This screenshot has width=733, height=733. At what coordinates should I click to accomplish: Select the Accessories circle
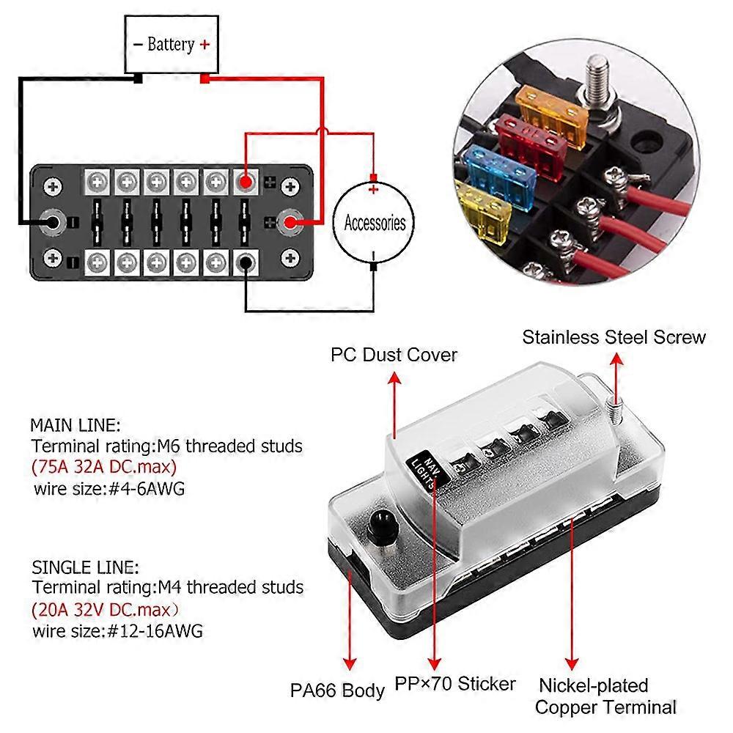pyautogui.click(x=375, y=221)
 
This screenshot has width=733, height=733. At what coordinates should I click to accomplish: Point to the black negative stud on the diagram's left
pyautogui.click(x=53, y=221)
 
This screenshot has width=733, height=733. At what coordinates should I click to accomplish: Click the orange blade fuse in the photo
pyautogui.click(x=552, y=108)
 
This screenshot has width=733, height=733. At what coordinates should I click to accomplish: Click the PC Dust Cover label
pyautogui.click(x=394, y=355)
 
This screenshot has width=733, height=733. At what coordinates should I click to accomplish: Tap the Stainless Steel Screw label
pyautogui.click(x=614, y=337)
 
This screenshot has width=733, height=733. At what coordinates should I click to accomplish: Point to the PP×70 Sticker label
pyautogui.click(x=456, y=684)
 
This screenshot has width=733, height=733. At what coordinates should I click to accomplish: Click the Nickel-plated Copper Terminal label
pyautogui.click(x=605, y=696)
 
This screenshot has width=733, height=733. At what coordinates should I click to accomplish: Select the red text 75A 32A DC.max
pyautogui.click(x=103, y=467)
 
